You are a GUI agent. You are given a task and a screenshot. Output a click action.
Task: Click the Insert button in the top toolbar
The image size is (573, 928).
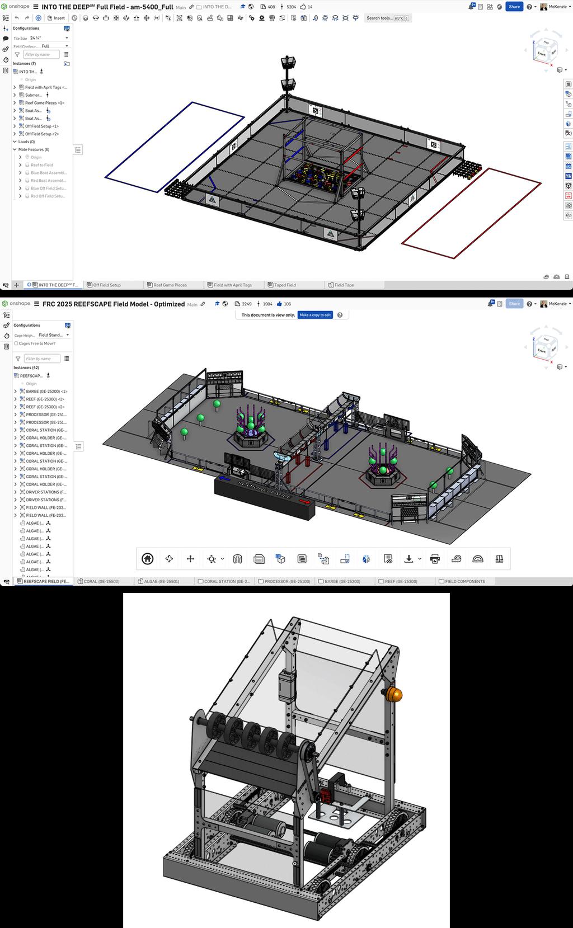[56, 18]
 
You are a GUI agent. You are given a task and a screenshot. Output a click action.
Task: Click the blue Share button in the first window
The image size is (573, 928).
[514, 7]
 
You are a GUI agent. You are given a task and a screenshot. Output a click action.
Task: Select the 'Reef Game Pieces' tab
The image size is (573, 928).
[170, 285]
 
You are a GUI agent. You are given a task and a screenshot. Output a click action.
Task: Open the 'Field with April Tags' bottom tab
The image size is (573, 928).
[232, 285]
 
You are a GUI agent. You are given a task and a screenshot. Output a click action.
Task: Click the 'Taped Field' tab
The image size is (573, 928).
[284, 285]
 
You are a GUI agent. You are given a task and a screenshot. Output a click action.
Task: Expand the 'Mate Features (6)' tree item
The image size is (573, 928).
[15, 149]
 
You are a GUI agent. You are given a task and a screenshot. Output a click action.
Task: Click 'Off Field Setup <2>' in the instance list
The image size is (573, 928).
[41, 134]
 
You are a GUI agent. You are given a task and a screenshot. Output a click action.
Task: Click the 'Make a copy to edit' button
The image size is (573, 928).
[315, 315]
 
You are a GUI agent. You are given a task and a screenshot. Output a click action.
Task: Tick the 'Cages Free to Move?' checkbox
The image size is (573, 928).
[16, 343]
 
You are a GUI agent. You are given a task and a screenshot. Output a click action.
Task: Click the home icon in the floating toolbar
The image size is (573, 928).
[148, 558]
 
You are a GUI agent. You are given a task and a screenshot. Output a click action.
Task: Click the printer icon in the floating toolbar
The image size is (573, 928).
[435, 558]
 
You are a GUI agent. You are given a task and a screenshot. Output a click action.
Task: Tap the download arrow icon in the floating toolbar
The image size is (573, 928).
[409, 558]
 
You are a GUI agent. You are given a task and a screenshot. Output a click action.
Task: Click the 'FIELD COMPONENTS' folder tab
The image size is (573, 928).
[464, 581]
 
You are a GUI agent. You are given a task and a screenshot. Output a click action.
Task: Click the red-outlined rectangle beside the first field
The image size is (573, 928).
[472, 213]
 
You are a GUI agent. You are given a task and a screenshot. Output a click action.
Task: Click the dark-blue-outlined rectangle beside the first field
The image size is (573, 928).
[175, 147]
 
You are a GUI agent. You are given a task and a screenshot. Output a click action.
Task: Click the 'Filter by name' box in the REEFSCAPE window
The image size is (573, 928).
[41, 359]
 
